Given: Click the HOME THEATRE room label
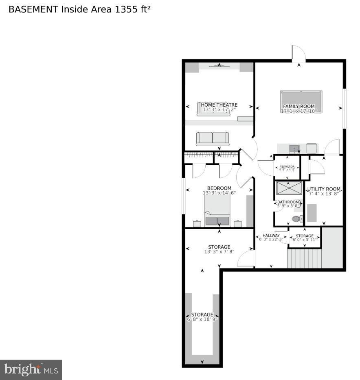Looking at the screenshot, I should pos(219,105).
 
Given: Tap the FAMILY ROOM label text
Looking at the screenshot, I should pos(299,107).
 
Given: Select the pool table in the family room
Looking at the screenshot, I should pos(301,101).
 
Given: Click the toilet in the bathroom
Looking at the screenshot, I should pos(297,219).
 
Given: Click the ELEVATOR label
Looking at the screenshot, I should pos(287,167).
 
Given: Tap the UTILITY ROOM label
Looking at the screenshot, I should pos(324,189).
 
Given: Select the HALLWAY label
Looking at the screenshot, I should pos(271,235).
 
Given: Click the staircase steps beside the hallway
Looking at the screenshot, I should pos(304,259).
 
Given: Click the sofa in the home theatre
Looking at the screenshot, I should pos(213,138).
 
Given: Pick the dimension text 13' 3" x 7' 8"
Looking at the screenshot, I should pos(219,252).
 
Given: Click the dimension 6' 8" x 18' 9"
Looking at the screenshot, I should pos(202,319).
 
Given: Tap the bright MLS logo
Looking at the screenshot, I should pos(31,370).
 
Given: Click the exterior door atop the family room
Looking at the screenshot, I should pos(298,54).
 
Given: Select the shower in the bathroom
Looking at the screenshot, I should pos(289,188).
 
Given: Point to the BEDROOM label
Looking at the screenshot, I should pos(219,188).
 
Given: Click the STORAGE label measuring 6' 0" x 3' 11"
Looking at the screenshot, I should pos(305,236).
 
